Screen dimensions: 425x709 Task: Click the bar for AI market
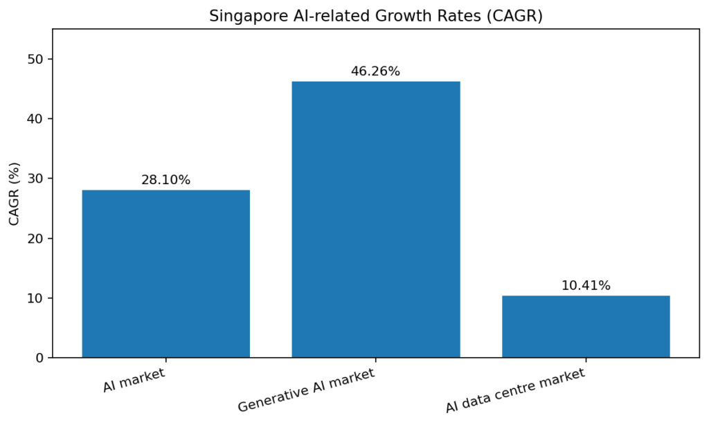click(x=165, y=273)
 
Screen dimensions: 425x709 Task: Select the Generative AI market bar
click(x=375, y=219)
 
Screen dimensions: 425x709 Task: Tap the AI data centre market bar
click(x=586, y=326)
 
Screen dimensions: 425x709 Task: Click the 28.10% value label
click(x=165, y=180)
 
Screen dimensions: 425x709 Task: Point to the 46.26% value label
click(x=375, y=71)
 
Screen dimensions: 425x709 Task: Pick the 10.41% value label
click(x=586, y=285)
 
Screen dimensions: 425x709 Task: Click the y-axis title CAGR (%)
click(x=15, y=194)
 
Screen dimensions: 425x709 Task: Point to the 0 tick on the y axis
click(x=39, y=358)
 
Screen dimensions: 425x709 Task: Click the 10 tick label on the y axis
click(x=35, y=298)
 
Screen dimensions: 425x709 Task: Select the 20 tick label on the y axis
click(x=35, y=239)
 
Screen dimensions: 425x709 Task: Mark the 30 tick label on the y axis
click(x=35, y=179)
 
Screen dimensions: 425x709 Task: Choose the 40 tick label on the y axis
click(x=35, y=119)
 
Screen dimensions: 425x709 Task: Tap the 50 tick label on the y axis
click(x=35, y=60)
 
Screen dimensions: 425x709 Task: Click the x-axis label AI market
click(x=134, y=380)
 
